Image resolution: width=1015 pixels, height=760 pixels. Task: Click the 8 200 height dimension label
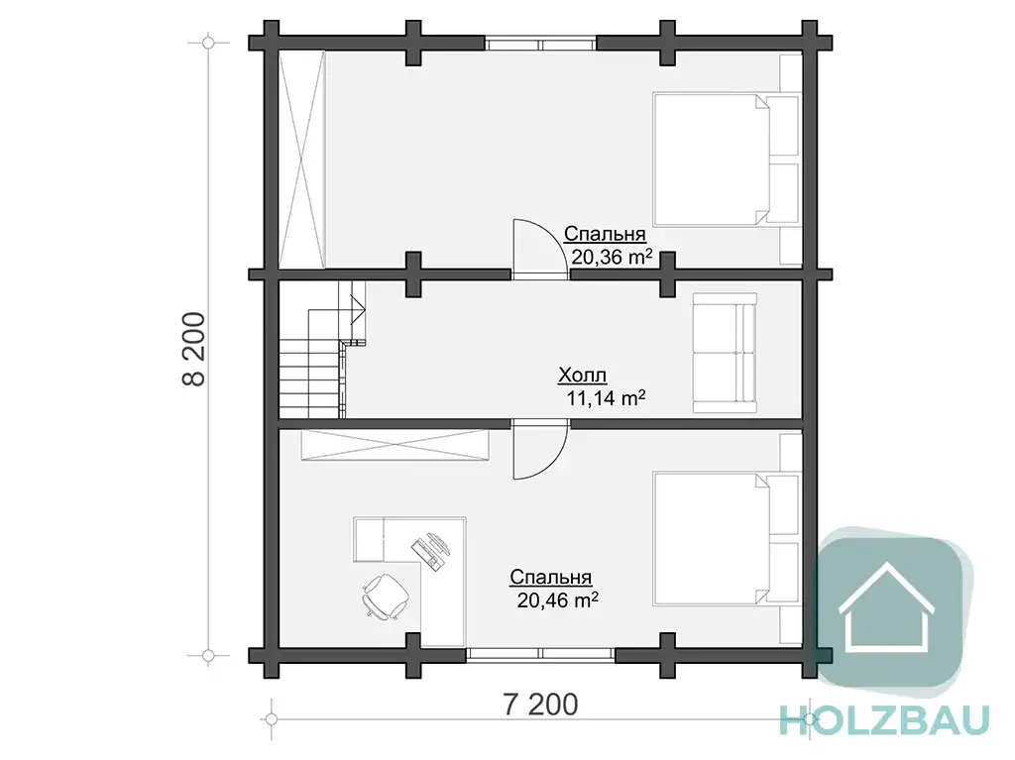tap(194, 349)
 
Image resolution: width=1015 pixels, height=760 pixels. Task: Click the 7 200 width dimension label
tap(540, 705)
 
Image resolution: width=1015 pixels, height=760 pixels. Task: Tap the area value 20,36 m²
tap(611, 257)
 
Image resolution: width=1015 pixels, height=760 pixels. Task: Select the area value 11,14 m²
tap(606, 397)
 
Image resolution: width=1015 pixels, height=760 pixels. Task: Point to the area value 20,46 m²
tap(557, 600)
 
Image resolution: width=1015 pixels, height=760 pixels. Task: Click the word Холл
tap(583, 376)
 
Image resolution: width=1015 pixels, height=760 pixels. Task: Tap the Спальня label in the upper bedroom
tap(605, 234)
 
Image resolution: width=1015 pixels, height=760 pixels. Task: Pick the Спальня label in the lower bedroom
tap(551, 577)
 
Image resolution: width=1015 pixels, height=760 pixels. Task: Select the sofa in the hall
tap(725, 353)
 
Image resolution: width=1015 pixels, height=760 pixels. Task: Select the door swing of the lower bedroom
tap(540, 449)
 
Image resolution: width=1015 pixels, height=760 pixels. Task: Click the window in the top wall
tap(540, 44)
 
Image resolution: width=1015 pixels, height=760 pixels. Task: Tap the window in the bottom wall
tap(540, 655)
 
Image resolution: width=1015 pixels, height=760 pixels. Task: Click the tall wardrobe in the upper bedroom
tap(302, 160)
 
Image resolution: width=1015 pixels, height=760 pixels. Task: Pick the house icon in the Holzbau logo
tap(886, 607)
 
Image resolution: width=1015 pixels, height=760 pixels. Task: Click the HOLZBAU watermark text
tap(884, 719)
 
